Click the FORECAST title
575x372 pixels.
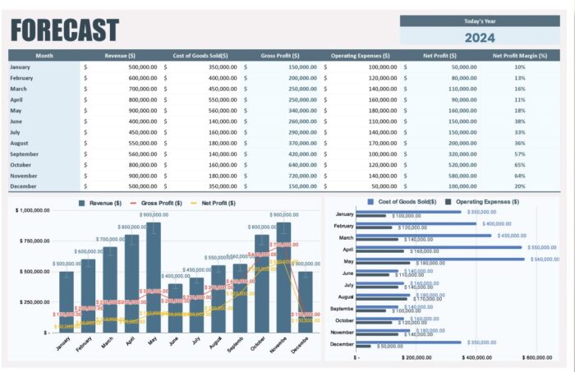click(65, 30)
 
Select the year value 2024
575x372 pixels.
click(480, 37)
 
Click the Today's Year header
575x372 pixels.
click(480, 21)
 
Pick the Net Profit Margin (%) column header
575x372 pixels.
click(519, 56)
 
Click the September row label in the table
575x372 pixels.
click(24, 154)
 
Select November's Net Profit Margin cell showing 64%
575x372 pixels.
click(519, 175)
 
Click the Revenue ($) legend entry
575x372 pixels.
click(100, 203)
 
